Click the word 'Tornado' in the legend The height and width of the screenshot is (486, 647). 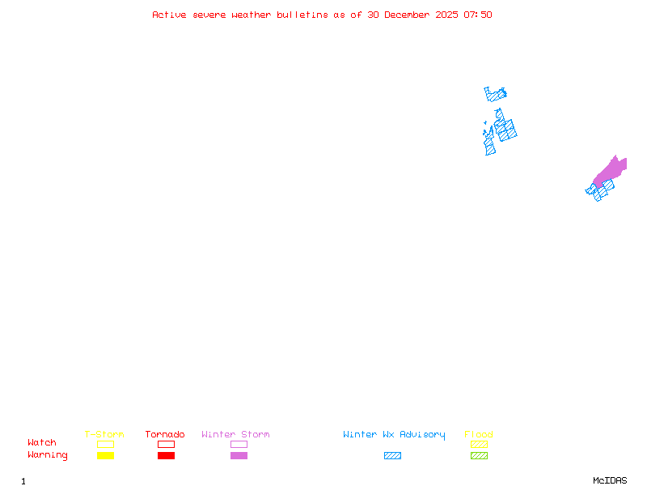tap(165, 435)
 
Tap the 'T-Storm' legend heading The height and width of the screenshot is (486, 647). tap(104, 435)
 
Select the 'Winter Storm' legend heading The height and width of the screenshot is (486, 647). tap(235, 435)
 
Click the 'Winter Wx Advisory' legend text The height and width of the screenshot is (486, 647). tap(394, 435)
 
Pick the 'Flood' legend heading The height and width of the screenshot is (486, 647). tap(479, 435)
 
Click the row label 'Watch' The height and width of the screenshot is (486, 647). tap(42, 443)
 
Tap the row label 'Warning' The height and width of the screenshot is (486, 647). tap(48, 455)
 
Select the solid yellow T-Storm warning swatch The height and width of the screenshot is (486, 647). tap(105, 456)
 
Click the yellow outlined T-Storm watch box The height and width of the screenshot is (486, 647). tap(105, 444)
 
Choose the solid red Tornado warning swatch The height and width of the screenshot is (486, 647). tap(166, 456)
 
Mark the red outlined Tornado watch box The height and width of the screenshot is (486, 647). tap(166, 444)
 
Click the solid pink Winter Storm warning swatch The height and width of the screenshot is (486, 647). tap(239, 456)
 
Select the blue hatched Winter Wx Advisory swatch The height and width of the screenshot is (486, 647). tap(392, 456)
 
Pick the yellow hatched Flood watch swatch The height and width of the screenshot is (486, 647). tap(479, 444)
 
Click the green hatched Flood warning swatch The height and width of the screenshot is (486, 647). tap(479, 456)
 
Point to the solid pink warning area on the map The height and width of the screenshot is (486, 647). tap(611, 169)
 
